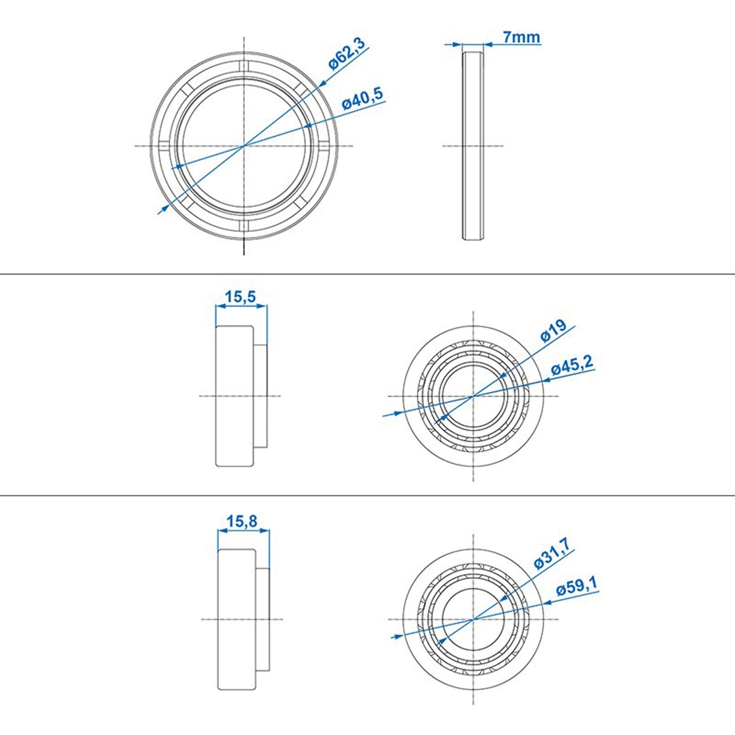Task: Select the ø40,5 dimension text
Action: (363, 99)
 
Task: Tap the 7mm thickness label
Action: (521, 37)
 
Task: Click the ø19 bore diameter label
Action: (553, 331)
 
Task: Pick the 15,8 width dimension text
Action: (242, 521)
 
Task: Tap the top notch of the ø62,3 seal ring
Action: (244, 65)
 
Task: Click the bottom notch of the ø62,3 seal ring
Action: (244, 225)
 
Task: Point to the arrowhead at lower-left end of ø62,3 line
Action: (164, 208)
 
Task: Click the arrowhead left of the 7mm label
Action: (456, 44)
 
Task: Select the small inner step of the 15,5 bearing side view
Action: (260, 396)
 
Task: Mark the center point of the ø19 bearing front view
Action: (473, 396)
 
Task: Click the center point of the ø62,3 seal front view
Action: (244, 146)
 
